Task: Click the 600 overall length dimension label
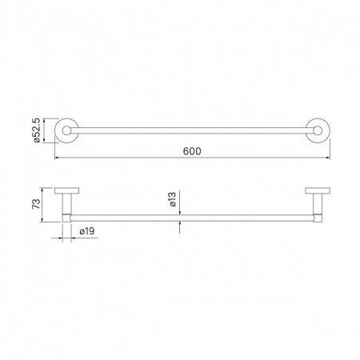click(192, 151)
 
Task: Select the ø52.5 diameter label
click(37, 130)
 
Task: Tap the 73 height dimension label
click(36, 204)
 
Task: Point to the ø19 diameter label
click(87, 231)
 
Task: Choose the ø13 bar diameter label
click(173, 199)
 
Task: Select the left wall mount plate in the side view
click(66, 190)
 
